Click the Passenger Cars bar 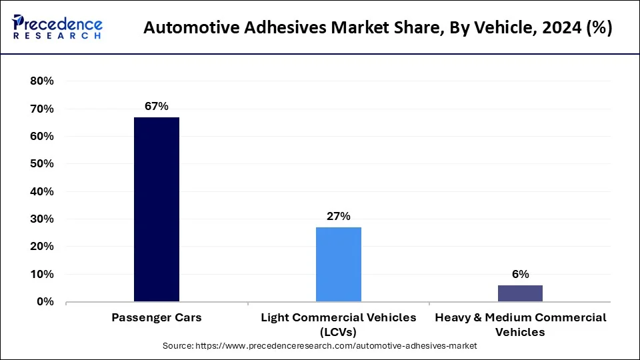coord(157,209)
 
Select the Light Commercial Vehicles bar coord(339,264)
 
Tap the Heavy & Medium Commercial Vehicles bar coord(521,293)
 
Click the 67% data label coord(157,106)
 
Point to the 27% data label coord(339,216)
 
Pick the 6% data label coord(521,274)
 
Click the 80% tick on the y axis coord(41,81)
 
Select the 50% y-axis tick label coord(41,164)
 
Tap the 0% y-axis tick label coord(45,302)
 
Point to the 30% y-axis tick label coord(41,219)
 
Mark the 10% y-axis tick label coord(41,274)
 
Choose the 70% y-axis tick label coord(41,109)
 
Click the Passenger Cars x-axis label coord(157,318)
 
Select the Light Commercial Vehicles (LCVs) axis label coord(339,325)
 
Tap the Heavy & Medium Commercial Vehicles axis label coord(521,325)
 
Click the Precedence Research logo coord(57,27)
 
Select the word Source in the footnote coord(177,347)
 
